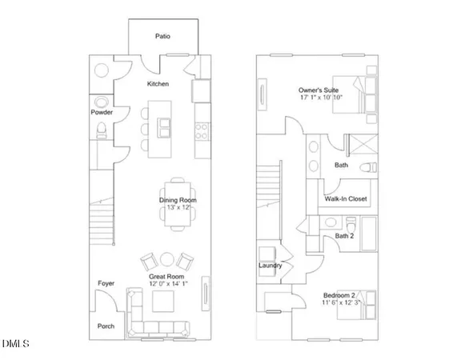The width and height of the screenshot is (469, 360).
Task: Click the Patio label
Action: point(163,35)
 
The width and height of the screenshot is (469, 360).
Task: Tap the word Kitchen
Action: point(157,83)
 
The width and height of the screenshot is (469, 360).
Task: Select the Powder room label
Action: point(102,113)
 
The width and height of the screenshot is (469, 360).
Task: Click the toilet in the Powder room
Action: point(101,102)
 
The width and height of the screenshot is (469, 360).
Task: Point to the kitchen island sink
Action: point(166,124)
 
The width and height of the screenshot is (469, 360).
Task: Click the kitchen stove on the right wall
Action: point(201,126)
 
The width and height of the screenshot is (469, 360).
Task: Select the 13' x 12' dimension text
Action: point(177,207)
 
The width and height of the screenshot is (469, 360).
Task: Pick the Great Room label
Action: point(166,276)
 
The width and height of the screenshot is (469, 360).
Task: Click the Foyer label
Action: point(106,283)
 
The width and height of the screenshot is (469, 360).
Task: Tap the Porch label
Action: point(106,326)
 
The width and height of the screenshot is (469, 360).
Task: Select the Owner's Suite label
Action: point(317,91)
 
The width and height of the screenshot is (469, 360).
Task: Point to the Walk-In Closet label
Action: point(345,198)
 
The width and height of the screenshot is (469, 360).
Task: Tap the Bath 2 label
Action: point(344,235)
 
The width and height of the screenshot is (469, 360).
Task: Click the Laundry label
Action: point(269,265)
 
